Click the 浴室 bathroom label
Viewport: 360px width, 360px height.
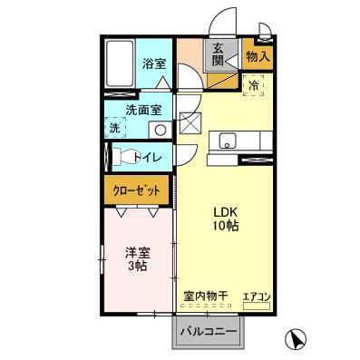click(x=153, y=63)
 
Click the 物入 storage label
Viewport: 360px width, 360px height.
click(x=258, y=56)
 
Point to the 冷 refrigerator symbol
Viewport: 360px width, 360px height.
click(x=254, y=87)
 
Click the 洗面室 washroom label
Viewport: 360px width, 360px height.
click(x=144, y=110)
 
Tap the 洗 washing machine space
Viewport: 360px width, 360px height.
click(x=114, y=128)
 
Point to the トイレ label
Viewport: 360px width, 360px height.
click(x=149, y=158)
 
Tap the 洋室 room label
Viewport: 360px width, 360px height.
click(x=136, y=253)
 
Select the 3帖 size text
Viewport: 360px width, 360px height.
click(x=136, y=268)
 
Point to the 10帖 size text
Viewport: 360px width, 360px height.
click(x=226, y=225)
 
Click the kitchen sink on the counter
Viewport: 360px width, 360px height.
click(x=227, y=141)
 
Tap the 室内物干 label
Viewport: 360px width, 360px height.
click(x=206, y=296)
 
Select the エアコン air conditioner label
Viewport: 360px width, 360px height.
click(x=257, y=296)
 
